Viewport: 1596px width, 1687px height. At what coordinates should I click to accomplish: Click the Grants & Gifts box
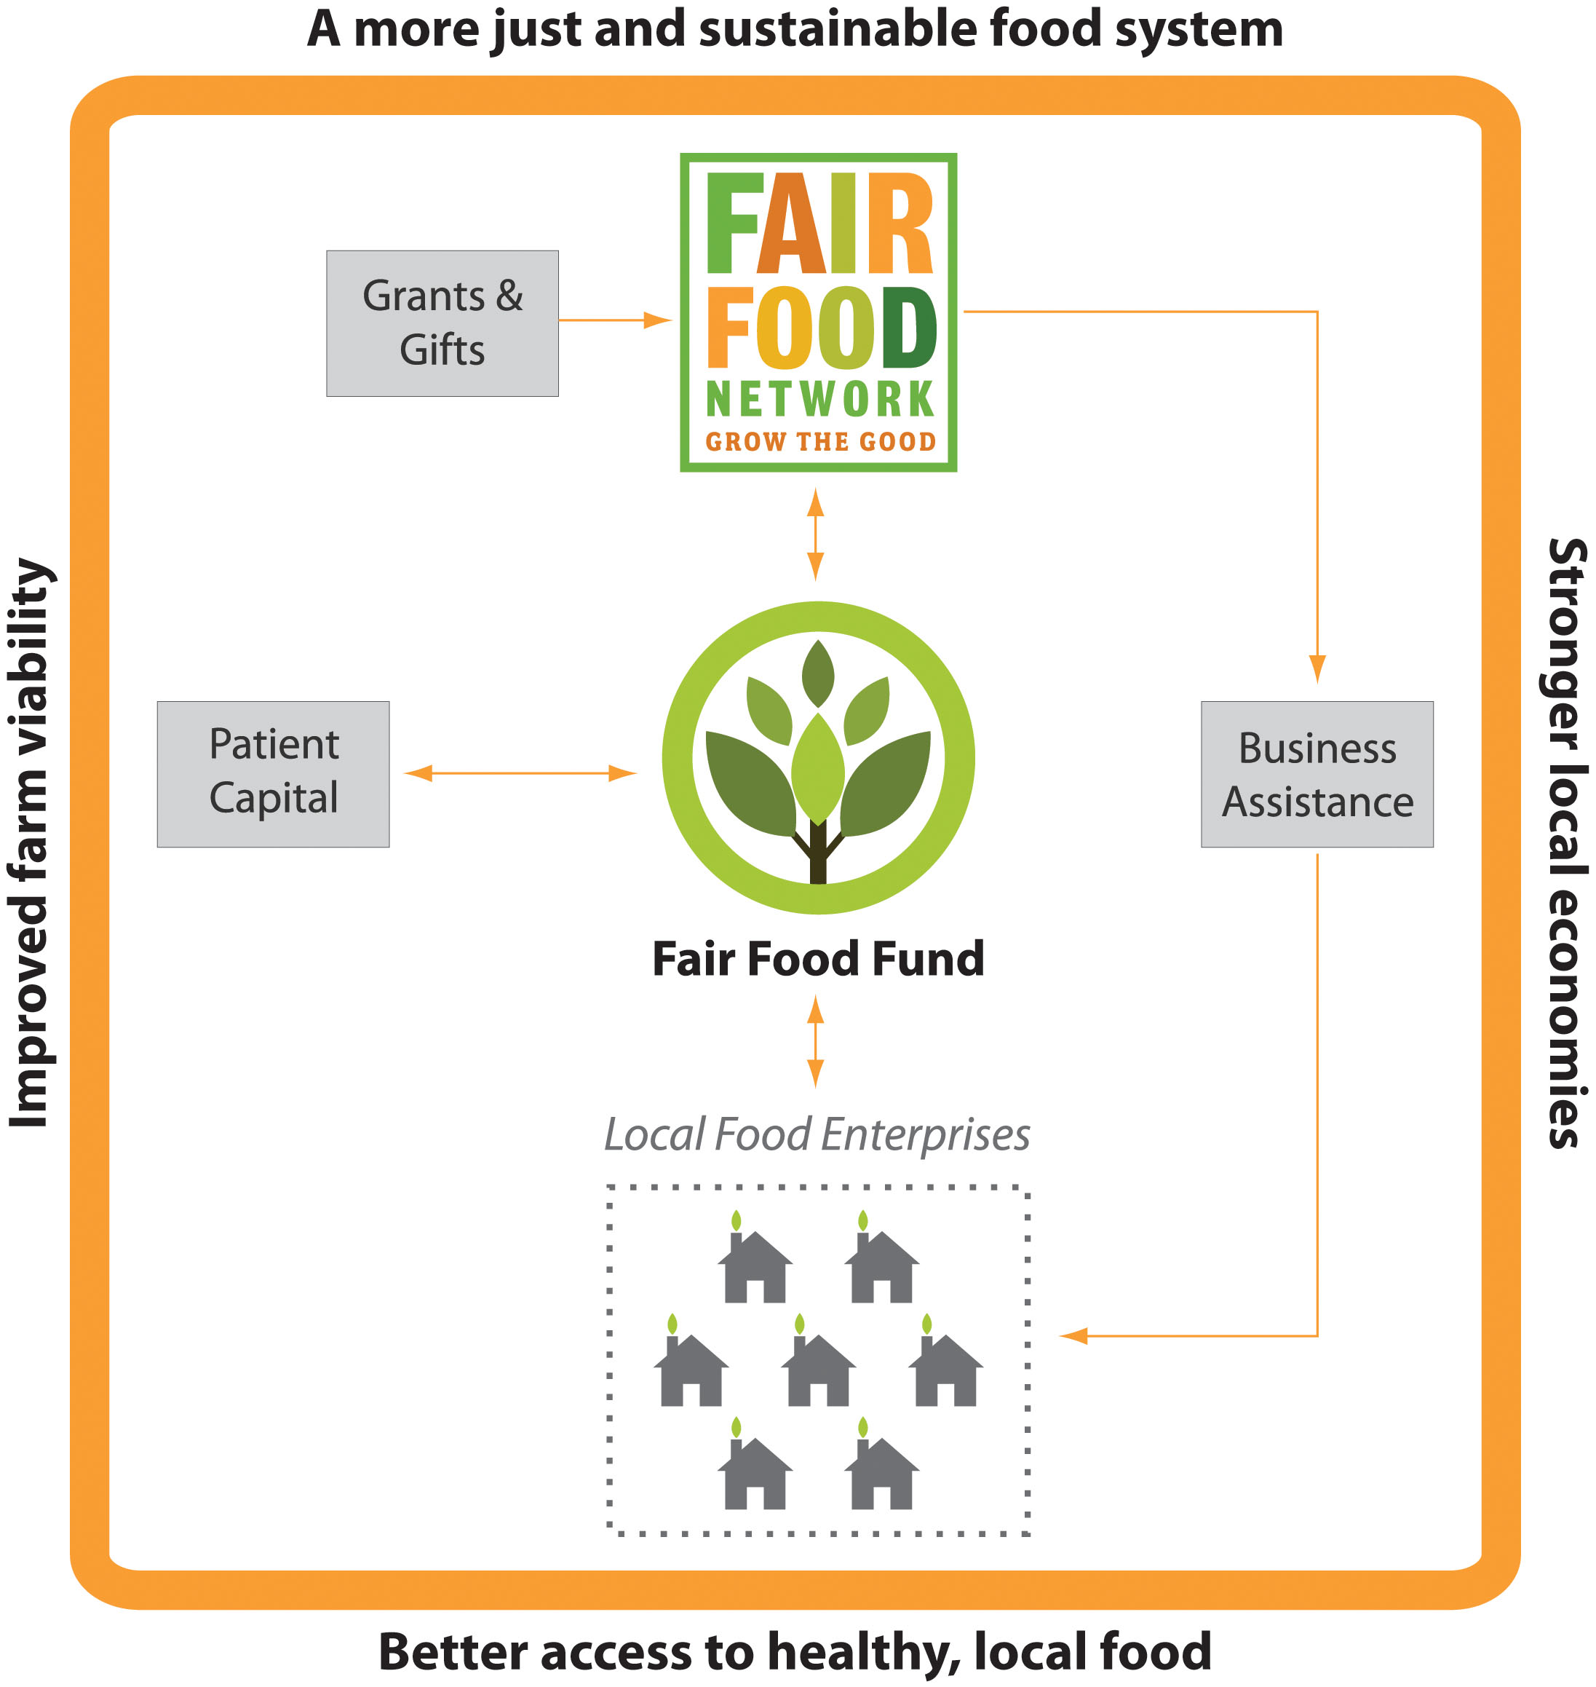pos(442,323)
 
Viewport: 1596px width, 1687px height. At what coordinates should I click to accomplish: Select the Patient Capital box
pos(273,774)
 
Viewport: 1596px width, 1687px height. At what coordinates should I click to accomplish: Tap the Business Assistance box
pos(1317,774)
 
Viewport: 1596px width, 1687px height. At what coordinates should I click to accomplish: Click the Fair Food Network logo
pos(819,312)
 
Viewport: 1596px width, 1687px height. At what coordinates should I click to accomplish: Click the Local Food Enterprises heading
pos(817,1134)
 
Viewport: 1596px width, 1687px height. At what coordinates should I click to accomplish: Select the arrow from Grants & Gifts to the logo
pos(614,320)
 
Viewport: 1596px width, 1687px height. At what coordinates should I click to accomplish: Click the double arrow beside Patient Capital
pos(520,773)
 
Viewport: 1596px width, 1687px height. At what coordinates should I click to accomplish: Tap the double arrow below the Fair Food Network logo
pos(815,534)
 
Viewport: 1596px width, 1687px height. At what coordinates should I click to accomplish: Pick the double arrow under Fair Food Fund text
pos(815,1042)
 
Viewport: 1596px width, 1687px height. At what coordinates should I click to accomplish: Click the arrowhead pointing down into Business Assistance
pos(1317,668)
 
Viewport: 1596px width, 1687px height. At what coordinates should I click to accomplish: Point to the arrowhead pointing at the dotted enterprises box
pos(1074,1335)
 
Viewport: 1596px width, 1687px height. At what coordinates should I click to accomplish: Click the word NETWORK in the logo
pos(820,399)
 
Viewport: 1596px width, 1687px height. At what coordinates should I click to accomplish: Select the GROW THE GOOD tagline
pos(820,442)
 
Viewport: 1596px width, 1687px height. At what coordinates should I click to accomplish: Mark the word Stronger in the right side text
pos(1565,644)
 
